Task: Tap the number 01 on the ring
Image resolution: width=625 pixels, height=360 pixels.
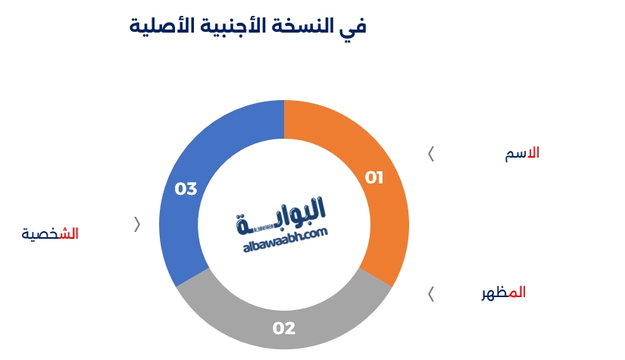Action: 374,178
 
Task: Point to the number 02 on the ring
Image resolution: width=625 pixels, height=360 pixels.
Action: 284,329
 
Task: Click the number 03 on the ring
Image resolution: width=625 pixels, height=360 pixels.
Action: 186,189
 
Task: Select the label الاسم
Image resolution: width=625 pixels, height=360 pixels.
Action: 522,153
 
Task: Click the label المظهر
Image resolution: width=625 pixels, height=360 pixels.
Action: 504,293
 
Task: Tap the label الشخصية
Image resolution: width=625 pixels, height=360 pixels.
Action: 50,234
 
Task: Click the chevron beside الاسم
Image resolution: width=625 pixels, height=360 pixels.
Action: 431,154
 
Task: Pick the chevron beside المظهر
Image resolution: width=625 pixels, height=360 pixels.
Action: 431,294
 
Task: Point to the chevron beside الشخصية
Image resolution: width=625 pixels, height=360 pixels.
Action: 137,224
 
